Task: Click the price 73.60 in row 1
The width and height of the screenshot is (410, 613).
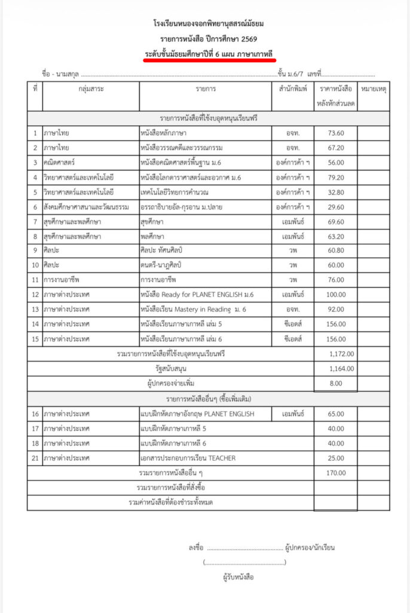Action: click(x=336, y=132)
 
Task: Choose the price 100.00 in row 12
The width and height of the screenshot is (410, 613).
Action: click(x=336, y=294)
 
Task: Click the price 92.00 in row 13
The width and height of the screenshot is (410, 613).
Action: click(x=336, y=309)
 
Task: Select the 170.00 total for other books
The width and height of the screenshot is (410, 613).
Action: click(x=336, y=474)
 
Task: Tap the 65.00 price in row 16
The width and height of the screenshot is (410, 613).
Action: click(x=336, y=414)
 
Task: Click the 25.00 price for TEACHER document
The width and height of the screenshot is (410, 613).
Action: click(x=336, y=459)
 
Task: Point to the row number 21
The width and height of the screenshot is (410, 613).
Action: click(x=35, y=459)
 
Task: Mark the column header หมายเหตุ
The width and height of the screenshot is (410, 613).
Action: click(x=374, y=89)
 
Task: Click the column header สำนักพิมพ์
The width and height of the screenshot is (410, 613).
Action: click(x=292, y=89)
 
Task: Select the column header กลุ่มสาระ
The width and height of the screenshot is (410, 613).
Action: click(x=91, y=89)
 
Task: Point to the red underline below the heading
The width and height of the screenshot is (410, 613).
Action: click(x=209, y=60)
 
